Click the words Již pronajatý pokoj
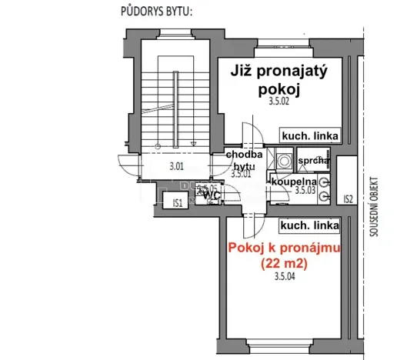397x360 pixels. pyautogui.click(x=278, y=79)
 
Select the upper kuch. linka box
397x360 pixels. pyautogui.click(x=310, y=135)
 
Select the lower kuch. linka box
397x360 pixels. pyautogui.click(x=310, y=225)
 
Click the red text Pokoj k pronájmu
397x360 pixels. pyautogui.click(x=285, y=248)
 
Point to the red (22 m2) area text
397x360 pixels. pyautogui.click(x=285, y=263)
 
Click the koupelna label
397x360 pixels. pyautogui.click(x=291, y=182)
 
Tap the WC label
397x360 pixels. pyautogui.click(x=211, y=195)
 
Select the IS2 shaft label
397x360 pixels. pyautogui.click(x=348, y=198)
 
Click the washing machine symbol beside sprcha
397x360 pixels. pyautogui.click(x=284, y=162)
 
